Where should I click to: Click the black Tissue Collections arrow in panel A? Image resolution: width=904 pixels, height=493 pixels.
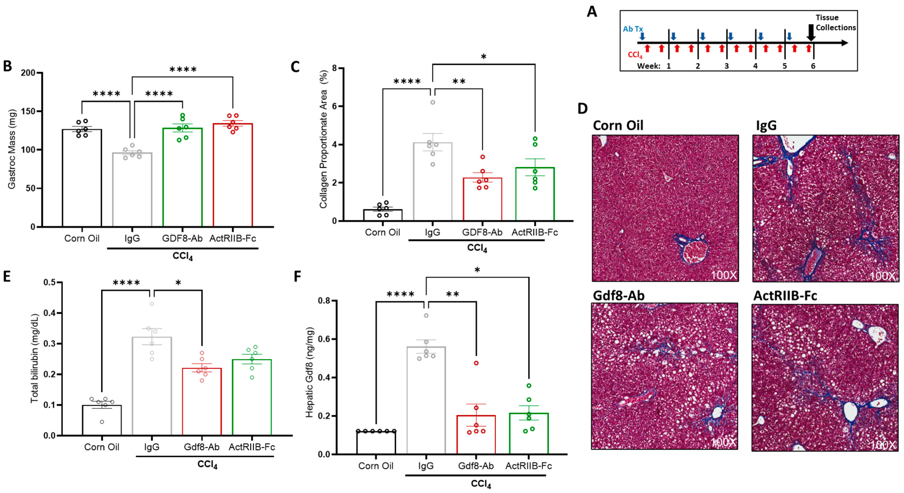(811, 33)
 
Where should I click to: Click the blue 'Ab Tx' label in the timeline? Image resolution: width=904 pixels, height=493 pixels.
(633, 29)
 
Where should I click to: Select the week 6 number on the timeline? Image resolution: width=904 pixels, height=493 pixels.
(813, 66)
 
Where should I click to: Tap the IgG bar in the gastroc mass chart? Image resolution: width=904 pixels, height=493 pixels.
(132, 190)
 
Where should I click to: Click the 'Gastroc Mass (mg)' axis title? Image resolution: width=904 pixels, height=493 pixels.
(12, 149)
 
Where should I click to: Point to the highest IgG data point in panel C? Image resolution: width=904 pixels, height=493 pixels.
(433, 103)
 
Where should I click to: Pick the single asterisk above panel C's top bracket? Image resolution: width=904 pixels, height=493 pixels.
(483, 57)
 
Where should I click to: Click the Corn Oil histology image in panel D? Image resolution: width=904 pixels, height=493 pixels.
(665, 208)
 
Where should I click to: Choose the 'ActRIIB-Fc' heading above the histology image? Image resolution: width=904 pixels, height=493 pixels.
(785, 296)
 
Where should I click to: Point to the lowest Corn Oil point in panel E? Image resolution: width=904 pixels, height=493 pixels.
(102, 422)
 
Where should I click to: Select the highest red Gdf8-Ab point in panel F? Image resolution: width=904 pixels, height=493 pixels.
(476, 363)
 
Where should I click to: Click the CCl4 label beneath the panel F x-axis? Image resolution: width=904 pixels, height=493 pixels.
(481, 484)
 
